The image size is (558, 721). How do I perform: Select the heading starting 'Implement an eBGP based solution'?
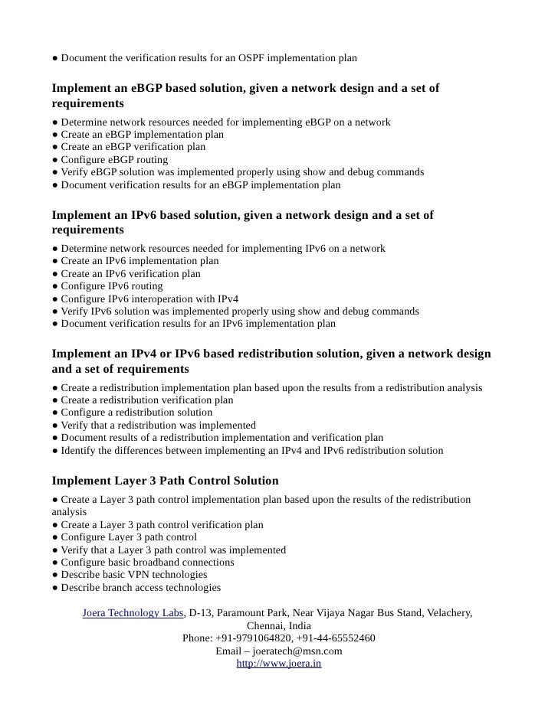[x=245, y=89]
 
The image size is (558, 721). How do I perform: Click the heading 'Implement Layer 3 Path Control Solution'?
[x=165, y=481]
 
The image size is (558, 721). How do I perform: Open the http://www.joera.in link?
[x=278, y=664]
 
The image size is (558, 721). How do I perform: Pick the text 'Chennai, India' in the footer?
[x=278, y=625]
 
